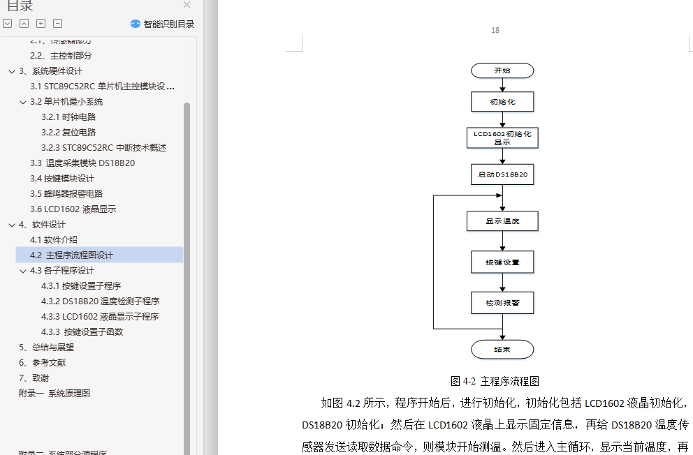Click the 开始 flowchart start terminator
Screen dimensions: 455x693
pyautogui.click(x=502, y=70)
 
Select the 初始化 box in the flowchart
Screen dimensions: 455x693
pyautogui.click(x=502, y=102)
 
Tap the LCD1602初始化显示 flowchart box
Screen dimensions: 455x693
pyautogui.click(x=502, y=137)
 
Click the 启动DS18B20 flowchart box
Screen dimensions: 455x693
pyautogui.click(x=502, y=174)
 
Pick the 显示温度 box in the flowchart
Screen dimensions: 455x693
pyautogui.click(x=502, y=221)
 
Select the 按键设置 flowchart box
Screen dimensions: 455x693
pyautogui.click(x=502, y=262)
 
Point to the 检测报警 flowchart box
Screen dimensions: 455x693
pyautogui.click(x=502, y=302)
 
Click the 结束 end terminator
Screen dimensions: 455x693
pyautogui.click(x=502, y=350)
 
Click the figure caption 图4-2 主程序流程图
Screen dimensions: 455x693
pyautogui.click(x=495, y=381)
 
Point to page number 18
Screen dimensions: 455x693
pyautogui.click(x=495, y=30)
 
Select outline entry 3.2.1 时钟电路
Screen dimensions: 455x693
pyautogui.click(x=68, y=117)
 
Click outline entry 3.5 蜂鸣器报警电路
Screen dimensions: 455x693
pyautogui.click(x=66, y=194)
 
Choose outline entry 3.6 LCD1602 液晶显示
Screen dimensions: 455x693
pyautogui.click(x=73, y=209)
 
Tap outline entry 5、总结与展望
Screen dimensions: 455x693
pyautogui.click(x=46, y=348)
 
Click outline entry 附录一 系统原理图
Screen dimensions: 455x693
pyautogui.click(x=54, y=394)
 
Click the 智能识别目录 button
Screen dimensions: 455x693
pyautogui.click(x=163, y=24)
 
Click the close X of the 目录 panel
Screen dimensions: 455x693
pyautogui.click(x=187, y=5)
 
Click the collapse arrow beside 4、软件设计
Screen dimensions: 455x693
pyautogui.click(x=11, y=225)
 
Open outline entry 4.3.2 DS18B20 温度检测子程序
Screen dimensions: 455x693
pyautogui.click(x=100, y=301)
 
